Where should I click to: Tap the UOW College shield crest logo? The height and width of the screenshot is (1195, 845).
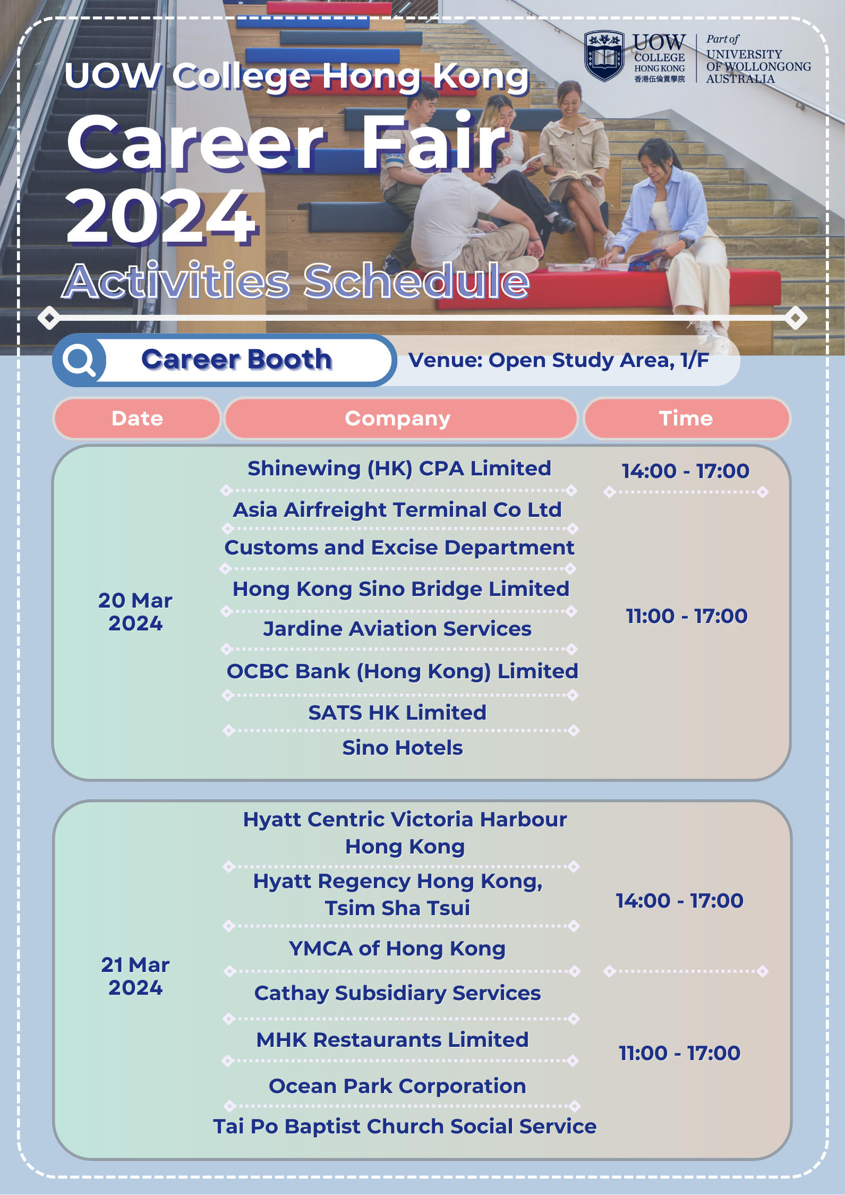[x=604, y=56]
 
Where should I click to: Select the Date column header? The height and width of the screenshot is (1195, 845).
[x=137, y=419]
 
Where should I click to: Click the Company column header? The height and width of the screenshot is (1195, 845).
[x=398, y=419]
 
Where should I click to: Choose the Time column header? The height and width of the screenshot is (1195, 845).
[x=686, y=419]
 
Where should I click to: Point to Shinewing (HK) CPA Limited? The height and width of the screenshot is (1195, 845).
[x=399, y=469]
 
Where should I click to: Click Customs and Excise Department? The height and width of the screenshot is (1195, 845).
[x=399, y=548]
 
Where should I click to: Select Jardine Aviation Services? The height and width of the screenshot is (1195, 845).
[x=397, y=629]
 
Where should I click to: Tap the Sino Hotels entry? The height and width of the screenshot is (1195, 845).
[x=403, y=748]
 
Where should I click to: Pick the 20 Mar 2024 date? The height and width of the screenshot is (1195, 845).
[x=135, y=612]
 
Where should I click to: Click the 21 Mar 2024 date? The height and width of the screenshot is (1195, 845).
[x=135, y=976]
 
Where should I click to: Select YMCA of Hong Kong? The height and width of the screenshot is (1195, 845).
[x=397, y=949]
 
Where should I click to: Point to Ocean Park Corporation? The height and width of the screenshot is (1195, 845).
[x=397, y=1086]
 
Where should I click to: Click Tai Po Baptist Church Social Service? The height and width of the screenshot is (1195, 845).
[x=405, y=1126]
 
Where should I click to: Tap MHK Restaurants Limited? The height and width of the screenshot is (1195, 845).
[x=392, y=1040]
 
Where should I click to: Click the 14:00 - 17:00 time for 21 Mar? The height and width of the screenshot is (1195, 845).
[x=680, y=901]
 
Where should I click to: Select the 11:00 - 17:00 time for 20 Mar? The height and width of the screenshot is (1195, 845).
[x=687, y=616]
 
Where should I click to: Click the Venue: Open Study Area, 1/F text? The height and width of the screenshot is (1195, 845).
[x=559, y=360]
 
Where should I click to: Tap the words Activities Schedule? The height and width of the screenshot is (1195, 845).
[x=296, y=280]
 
